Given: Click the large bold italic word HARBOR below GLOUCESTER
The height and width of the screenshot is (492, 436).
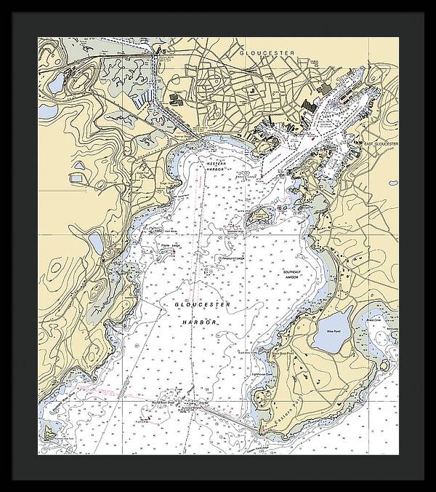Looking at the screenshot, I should pos(200,322).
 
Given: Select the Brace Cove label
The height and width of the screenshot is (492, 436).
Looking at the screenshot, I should pos(373,320).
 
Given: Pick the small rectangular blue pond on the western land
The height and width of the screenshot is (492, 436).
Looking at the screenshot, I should pos(78,176).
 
